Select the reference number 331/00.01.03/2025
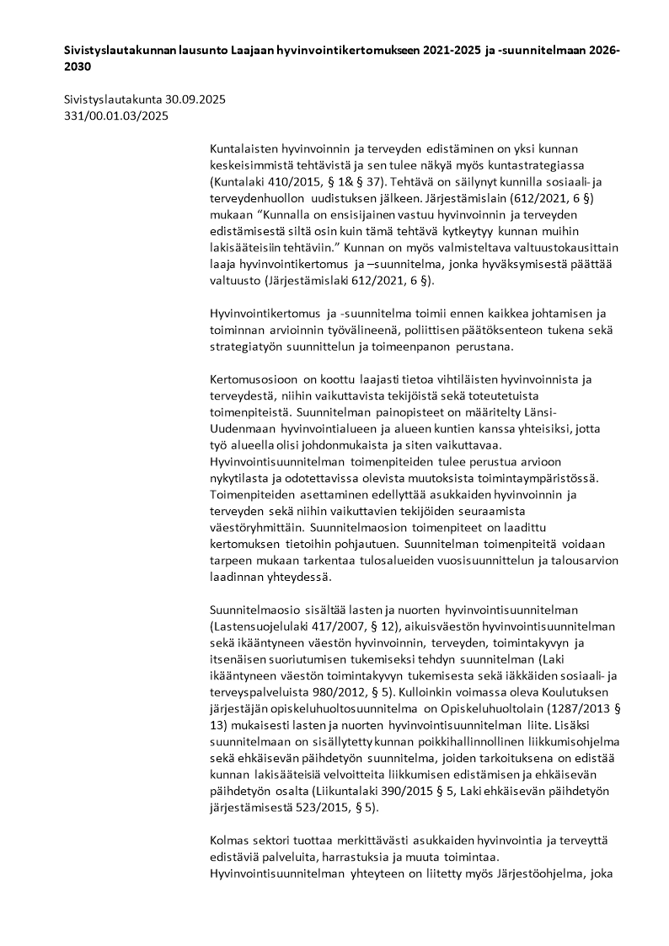(x=116, y=116)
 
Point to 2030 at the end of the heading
(x=78, y=66)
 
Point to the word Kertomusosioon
(x=253, y=379)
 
